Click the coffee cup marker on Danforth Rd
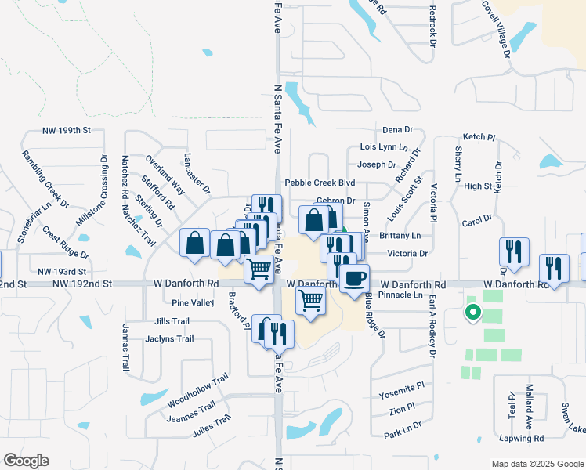pos(354,278)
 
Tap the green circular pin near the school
pos(472,313)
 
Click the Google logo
pos(26,461)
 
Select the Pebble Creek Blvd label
pos(320,183)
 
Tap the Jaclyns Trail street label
pos(169,339)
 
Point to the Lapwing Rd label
pos(521,439)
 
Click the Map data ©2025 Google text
pos(537,464)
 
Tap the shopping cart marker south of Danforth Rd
pos(311,300)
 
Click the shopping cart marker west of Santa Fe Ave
pos(259,269)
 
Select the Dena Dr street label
pos(397,129)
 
